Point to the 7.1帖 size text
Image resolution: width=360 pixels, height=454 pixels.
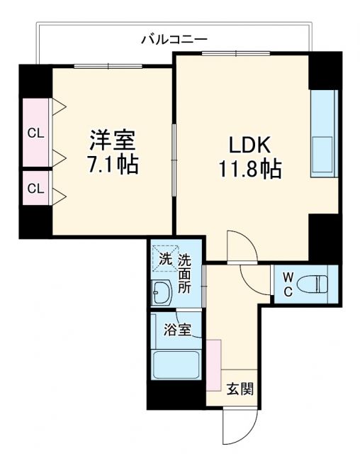pyautogui.click(x=112, y=166)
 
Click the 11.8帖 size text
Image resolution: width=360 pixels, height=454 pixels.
pyautogui.click(x=249, y=170)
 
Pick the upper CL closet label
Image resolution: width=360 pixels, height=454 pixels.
pyautogui.click(x=34, y=133)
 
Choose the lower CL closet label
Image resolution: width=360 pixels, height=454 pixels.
pyautogui.click(x=34, y=188)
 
